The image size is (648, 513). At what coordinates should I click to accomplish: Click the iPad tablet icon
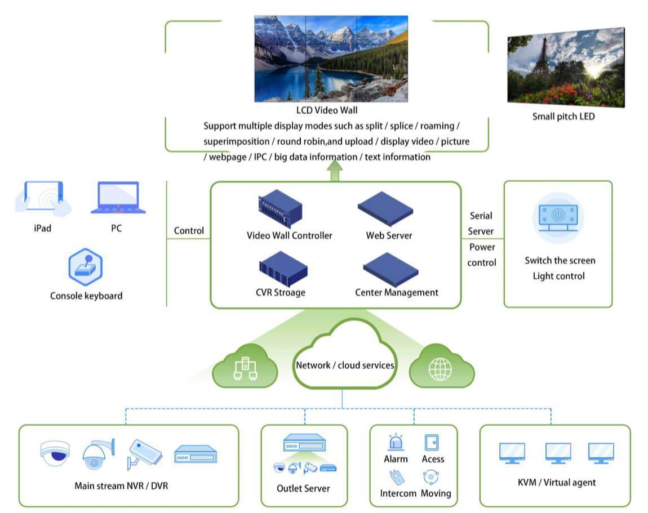pos(43,198)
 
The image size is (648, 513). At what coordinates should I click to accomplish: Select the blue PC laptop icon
pos(118,198)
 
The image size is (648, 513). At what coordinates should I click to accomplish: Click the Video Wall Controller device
pos(280,211)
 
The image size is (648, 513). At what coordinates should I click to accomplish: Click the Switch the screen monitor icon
pos(557,217)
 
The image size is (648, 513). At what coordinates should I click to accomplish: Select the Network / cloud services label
pos(345,365)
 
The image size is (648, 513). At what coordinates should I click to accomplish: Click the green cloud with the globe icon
pos(441,369)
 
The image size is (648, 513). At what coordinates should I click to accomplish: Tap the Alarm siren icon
pos(396,442)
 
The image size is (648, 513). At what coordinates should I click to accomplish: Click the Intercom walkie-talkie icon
pos(397,478)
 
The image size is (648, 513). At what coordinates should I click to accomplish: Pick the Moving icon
pos(431,478)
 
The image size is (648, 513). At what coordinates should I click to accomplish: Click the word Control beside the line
pos(189,231)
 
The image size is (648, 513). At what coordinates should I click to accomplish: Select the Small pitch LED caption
pos(563,117)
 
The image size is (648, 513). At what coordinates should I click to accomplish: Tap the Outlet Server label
pos(303,488)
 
